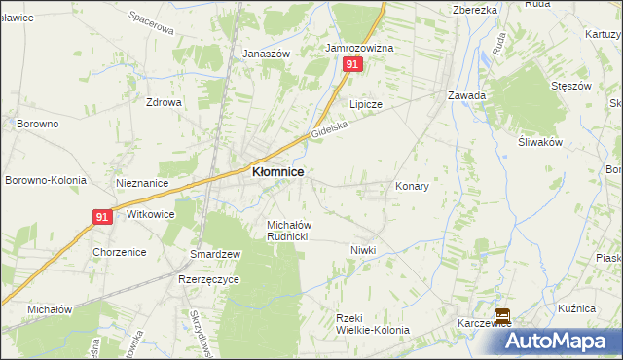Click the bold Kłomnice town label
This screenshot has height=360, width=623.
tap(277, 172)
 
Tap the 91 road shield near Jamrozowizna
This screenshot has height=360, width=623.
tap(352, 64)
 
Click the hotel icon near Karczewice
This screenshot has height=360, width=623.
tap(502, 316)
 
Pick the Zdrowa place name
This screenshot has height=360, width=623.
tap(164, 102)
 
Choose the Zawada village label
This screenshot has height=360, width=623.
tap(466, 96)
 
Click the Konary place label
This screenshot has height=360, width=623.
tap(412, 185)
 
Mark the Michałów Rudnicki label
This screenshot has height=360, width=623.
tap(288, 231)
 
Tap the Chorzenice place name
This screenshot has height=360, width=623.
tap(120, 252)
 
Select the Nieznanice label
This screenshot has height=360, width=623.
tap(142, 183)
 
